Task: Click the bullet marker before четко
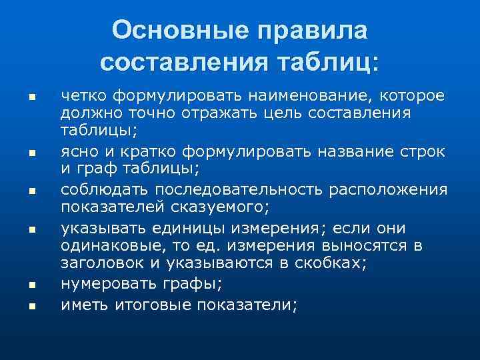pyautogui.click(x=31, y=98)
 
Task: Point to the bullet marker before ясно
pyautogui.click(x=31, y=154)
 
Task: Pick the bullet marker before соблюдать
pyautogui.click(x=31, y=192)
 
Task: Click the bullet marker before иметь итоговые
pyautogui.click(x=31, y=305)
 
